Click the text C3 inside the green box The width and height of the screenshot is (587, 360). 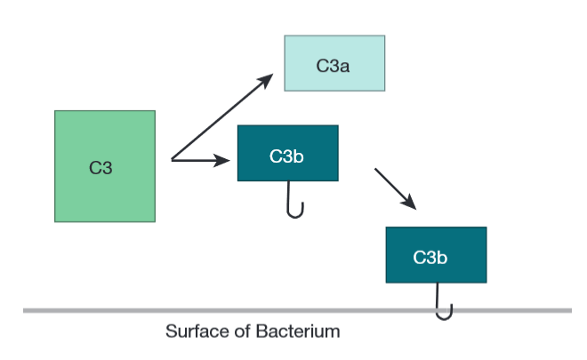(x=101, y=166)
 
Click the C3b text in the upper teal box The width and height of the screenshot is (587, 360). (x=286, y=156)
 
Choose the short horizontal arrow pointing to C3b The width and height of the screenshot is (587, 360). (x=200, y=161)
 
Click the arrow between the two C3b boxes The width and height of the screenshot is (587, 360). (x=395, y=188)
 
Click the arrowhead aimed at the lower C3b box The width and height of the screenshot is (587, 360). (x=409, y=203)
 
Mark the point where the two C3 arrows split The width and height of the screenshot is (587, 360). (x=172, y=161)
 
